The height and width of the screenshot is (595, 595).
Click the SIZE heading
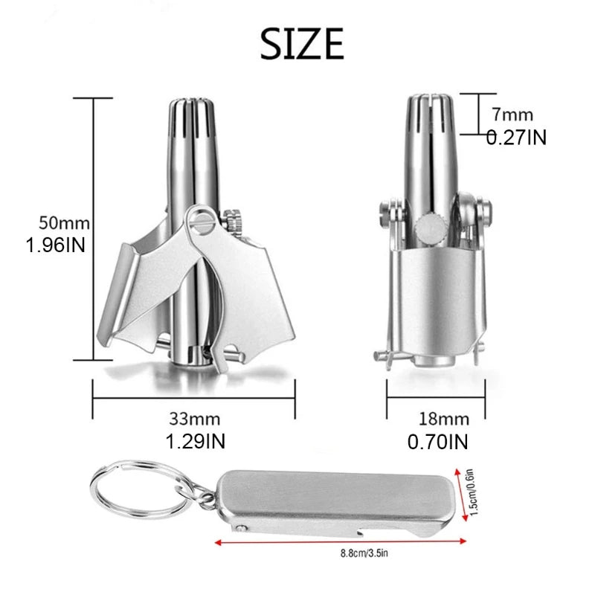point(302,44)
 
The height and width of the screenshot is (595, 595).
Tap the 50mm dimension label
point(64,223)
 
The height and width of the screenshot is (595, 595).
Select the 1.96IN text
point(55,245)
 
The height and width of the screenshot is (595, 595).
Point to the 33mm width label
point(195,419)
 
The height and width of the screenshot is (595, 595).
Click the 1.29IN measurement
point(196,442)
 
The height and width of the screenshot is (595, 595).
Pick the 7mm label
point(512,115)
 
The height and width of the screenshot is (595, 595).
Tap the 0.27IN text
point(516,137)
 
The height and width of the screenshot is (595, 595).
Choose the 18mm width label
point(444,419)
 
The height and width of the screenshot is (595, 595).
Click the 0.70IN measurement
point(438,442)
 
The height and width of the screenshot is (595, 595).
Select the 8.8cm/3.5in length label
point(364,553)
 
